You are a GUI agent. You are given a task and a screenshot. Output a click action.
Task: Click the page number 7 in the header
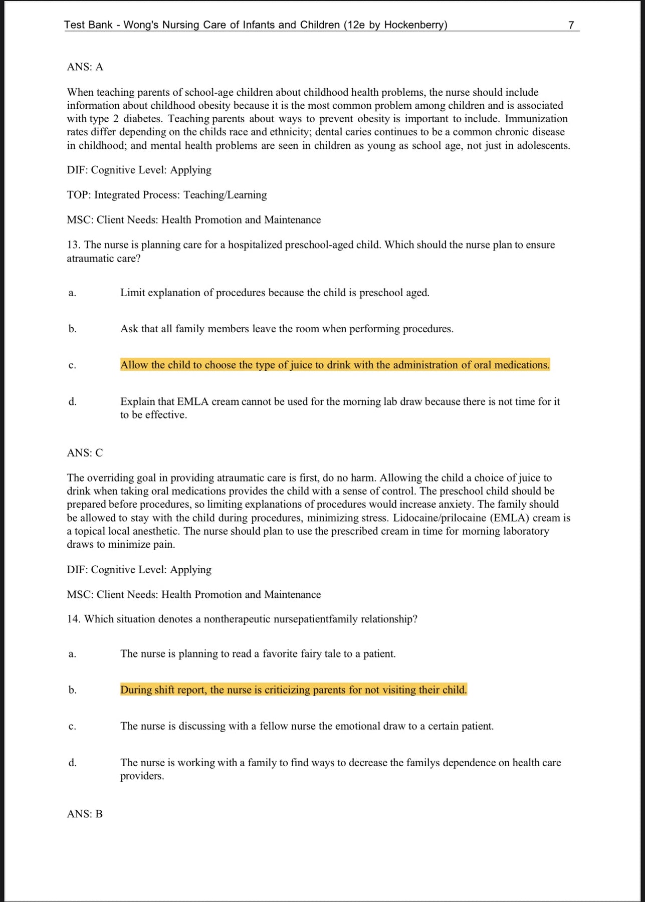(x=571, y=25)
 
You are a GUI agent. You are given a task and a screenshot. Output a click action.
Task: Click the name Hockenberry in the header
(x=414, y=25)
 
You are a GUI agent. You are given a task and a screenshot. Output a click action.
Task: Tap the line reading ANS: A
(x=85, y=67)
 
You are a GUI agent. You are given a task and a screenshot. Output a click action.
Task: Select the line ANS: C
(x=85, y=453)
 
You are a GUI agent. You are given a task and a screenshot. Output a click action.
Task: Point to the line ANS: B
(x=85, y=814)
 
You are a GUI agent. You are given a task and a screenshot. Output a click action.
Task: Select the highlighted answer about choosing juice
(x=335, y=365)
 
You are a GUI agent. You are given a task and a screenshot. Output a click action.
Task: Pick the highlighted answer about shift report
(x=293, y=690)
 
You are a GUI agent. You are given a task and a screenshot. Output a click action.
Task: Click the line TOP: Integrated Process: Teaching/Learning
(x=166, y=195)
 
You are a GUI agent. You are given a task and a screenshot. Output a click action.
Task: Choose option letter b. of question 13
(x=73, y=329)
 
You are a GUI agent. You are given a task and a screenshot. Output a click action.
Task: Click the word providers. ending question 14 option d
(x=142, y=776)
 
